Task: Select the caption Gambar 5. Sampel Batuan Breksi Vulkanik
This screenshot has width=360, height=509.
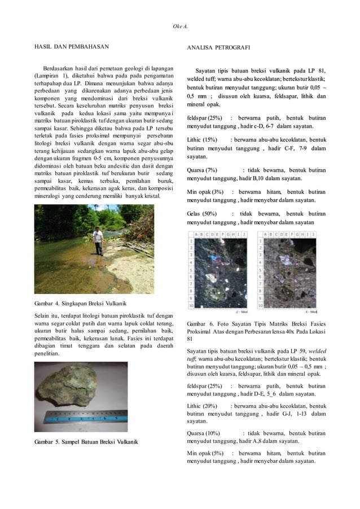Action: pos(86,440)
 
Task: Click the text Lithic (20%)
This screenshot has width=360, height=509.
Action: pos(201,406)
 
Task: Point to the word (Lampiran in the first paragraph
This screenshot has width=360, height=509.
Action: pos(47,75)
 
